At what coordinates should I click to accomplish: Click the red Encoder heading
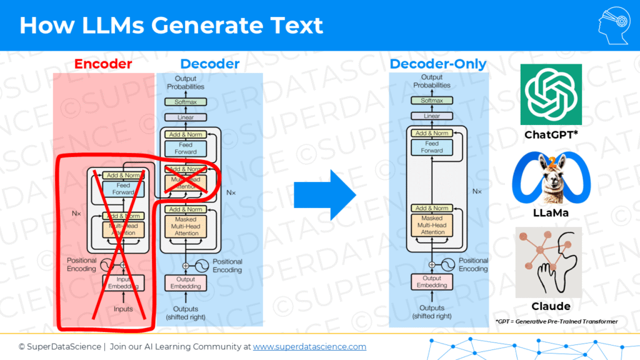tap(103, 64)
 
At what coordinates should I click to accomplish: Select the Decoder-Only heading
tap(437, 64)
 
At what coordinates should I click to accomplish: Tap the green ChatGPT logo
tap(551, 94)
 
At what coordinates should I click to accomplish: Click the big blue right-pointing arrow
tap(324, 194)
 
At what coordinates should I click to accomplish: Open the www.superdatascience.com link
tap(309, 346)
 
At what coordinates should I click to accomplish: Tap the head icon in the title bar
tap(614, 25)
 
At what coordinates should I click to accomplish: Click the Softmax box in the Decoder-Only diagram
tap(432, 101)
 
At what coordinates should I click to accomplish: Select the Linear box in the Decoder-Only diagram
tap(432, 116)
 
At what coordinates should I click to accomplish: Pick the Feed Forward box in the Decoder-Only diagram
tap(432, 147)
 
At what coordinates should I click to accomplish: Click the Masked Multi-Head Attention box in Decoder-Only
tap(432, 225)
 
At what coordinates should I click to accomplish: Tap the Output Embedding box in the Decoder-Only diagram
tap(432, 282)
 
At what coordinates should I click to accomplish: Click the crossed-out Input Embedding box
tap(123, 282)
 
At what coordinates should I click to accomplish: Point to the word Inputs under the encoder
tap(123, 309)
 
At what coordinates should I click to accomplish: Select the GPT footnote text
tap(556, 321)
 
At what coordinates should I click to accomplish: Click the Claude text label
tap(551, 306)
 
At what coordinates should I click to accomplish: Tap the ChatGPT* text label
tap(551, 135)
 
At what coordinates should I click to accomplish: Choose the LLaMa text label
tap(551, 213)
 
